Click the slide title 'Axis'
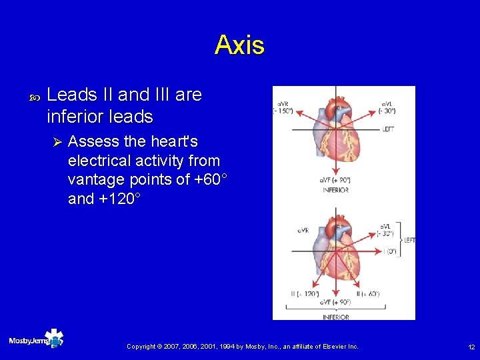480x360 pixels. (239, 45)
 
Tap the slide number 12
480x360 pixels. (471, 347)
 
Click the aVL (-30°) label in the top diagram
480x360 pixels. (387, 107)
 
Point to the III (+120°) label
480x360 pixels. (305, 294)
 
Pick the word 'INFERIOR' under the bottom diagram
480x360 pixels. (335, 317)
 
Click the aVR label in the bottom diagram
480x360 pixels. (303, 231)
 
